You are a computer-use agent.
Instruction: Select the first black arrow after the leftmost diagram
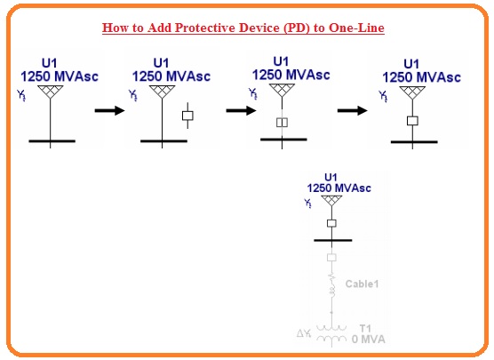coord(110,111)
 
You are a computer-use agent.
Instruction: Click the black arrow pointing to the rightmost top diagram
coord(354,111)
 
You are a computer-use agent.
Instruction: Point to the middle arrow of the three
coord(241,111)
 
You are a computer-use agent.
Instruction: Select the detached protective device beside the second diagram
coord(187,116)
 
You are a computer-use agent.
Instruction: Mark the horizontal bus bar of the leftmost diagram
coord(50,140)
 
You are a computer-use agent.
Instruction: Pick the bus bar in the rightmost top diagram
coord(412,140)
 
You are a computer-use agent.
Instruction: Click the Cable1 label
coord(362,284)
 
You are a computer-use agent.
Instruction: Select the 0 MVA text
coord(370,338)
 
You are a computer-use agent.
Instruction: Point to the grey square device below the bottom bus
coord(332,258)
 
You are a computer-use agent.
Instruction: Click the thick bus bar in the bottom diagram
coord(332,241)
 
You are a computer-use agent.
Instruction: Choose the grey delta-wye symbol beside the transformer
coord(303,334)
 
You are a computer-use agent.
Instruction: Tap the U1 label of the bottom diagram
coord(331,178)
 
